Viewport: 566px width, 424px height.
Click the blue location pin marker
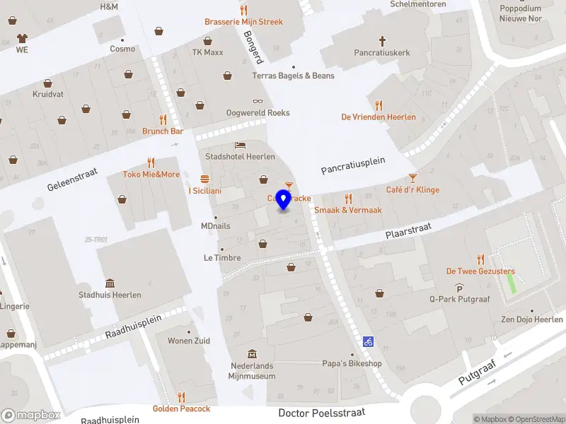click(x=284, y=199)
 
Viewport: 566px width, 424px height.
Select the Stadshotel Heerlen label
click(x=240, y=156)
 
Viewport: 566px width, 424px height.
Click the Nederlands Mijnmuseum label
click(x=252, y=371)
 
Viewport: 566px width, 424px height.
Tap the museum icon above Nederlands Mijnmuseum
click(x=252, y=354)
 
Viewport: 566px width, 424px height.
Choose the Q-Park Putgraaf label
click(x=459, y=299)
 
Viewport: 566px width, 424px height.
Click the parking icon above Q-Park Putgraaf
click(x=459, y=288)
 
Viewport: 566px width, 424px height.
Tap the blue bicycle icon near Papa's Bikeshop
click(x=368, y=341)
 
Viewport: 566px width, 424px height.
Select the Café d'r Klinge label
click(x=412, y=189)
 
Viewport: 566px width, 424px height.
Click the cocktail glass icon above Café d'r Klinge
click(x=412, y=178)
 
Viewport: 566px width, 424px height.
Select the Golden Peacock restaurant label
click(x=181, y=408)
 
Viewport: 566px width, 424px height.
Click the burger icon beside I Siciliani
click(x=204, y=178)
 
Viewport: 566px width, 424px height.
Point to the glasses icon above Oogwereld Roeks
click(x=258, y=102)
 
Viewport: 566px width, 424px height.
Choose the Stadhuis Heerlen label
click(x=110, y=295)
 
